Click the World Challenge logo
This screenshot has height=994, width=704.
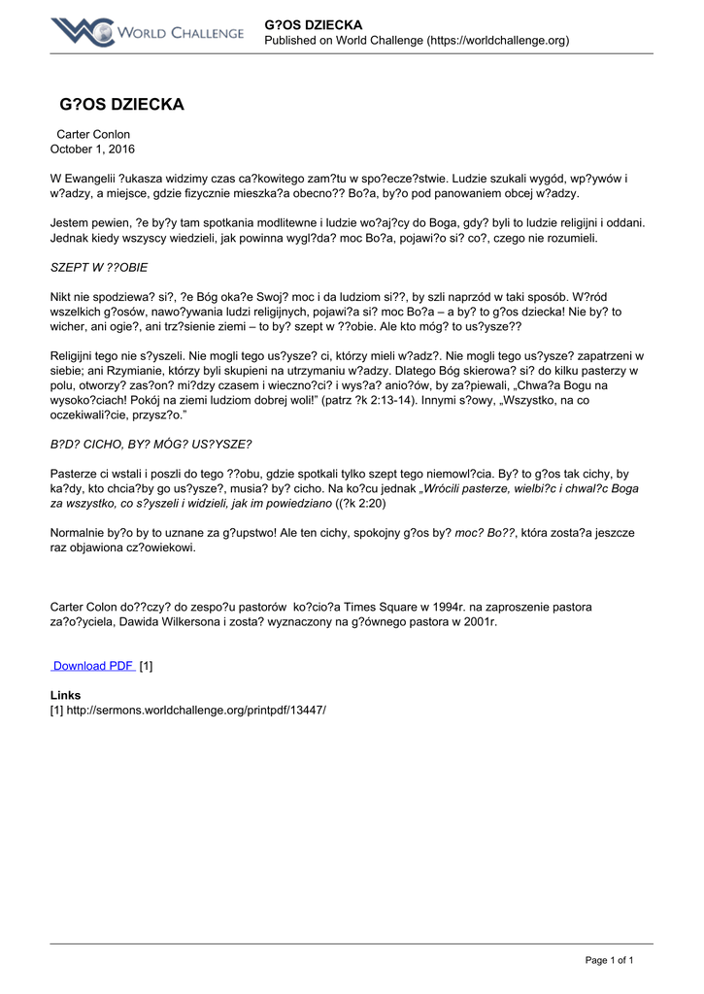(148, 32)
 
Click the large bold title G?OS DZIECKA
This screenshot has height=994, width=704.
(121, 104)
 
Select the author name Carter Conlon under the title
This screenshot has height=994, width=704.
(93, 134)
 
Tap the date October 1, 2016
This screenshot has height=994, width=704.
(92, 149)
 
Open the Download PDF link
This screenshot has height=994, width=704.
(93, 666)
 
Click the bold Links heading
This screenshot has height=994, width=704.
(65, 695)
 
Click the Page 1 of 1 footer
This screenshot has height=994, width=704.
(609, 960)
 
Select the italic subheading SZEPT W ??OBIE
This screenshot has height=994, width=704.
(99, 267)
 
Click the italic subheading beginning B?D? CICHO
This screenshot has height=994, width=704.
(151, 445)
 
